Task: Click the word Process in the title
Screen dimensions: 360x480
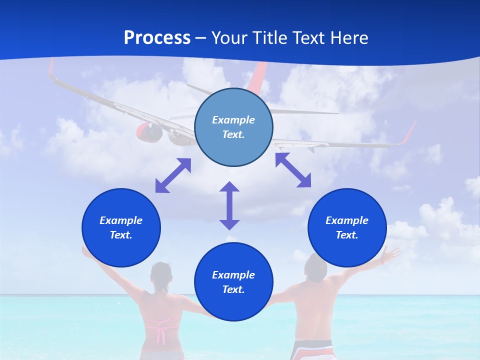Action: point(157,38)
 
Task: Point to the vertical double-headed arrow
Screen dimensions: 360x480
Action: point(229,205)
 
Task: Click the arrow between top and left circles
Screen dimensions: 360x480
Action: point(173,175)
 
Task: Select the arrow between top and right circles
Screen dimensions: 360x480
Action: point(293,170)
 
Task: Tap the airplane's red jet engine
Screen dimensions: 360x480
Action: point(149,131)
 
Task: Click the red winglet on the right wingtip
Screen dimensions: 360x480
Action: point(408,133)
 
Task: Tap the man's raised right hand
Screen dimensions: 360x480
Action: point(389,255)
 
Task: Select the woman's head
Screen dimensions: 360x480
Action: point(161,275)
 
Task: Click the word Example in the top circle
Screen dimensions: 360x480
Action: point(233,120)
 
